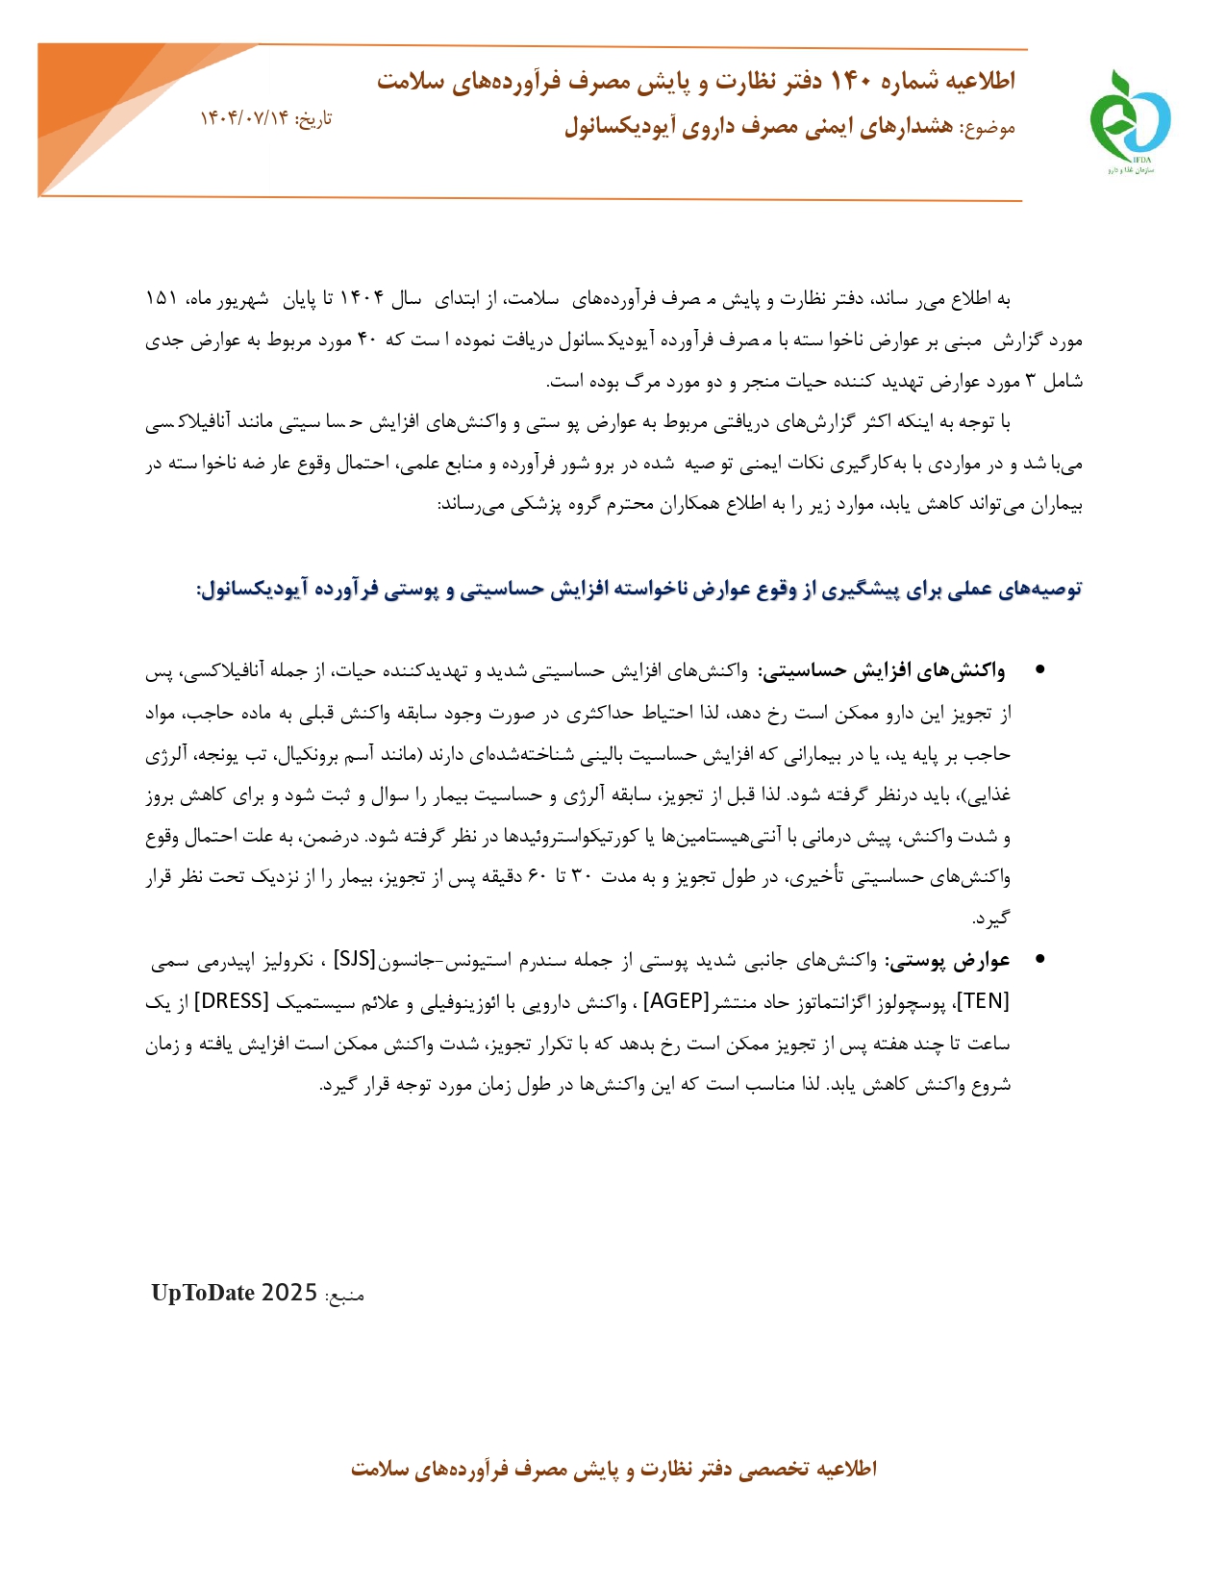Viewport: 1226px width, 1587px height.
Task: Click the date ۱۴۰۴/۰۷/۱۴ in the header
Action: (x=244, y=119)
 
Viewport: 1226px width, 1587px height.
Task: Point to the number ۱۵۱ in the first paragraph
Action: (x=161, y=299)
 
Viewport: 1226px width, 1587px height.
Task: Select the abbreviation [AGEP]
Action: (x=676, y=1001)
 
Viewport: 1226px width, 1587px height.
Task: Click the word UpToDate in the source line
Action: (x=202, y=1293)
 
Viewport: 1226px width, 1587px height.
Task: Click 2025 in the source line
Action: (x=289, y=1293)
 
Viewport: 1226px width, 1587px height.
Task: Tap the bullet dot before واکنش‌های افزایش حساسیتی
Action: (x=1039, y=670)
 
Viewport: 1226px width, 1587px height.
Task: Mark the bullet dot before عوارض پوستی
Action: (x=1039, y=960)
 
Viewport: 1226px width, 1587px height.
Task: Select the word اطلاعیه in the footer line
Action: (x=846, y=1469)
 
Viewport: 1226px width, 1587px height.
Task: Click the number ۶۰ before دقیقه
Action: (x=538, y=877)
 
